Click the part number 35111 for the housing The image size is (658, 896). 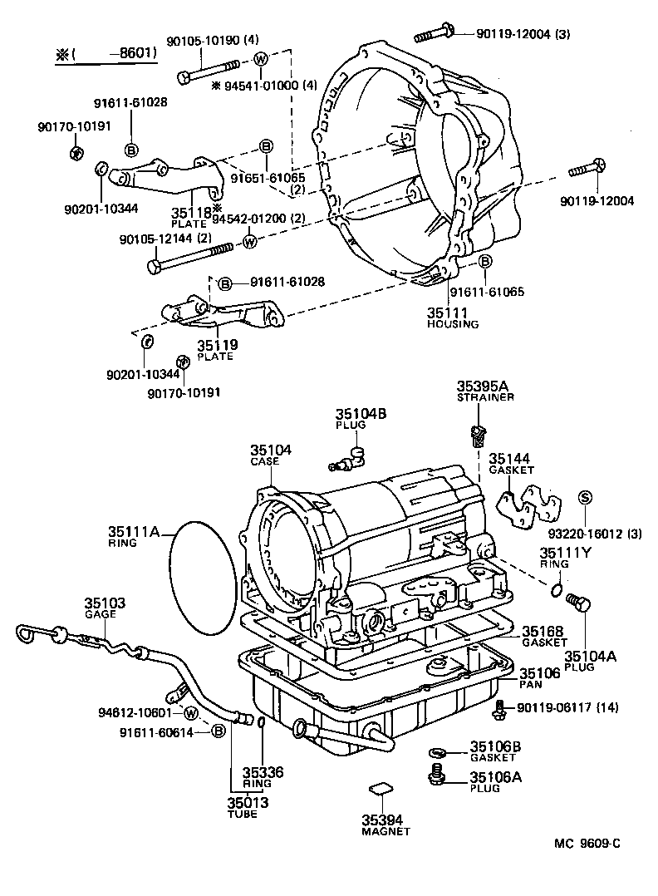(448, 313)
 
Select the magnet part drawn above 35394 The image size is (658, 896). (380, 787)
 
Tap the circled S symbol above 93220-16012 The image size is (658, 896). (584, 497)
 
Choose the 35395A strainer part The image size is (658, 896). (476, 433)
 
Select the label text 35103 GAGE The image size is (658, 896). (105, 607)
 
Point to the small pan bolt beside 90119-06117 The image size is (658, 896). (498, 707)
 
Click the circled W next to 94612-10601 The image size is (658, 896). (190, 713)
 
